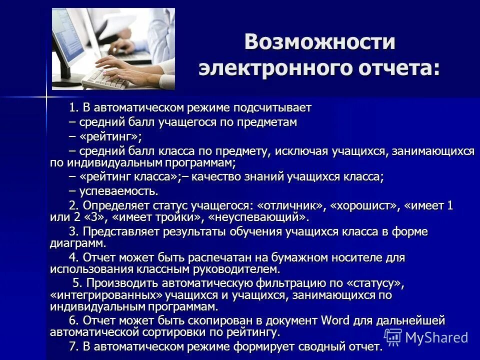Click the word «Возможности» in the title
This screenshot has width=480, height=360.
pos(320,41)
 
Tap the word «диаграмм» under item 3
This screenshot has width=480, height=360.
pos(77,244)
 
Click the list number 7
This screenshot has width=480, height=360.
pos(72,346)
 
